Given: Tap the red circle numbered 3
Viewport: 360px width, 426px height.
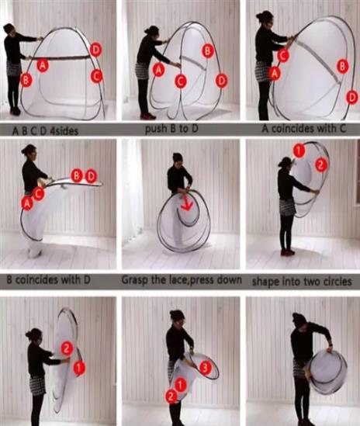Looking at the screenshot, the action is pos(205,367).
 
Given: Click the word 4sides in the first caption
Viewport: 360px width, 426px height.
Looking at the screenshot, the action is pos(64,131).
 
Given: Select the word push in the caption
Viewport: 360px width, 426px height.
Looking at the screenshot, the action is pos(154,129).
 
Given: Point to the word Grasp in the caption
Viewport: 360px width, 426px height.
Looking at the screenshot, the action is pos(134,279).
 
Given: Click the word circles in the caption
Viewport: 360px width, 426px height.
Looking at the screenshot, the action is pos(337,281).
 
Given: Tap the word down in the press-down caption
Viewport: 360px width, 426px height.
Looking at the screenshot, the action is pos(231,279).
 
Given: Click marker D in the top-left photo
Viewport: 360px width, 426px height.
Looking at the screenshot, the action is pos(95,50).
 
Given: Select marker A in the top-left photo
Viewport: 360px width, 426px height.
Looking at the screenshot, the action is pos(43,65).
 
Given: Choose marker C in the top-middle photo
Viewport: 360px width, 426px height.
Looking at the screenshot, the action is pos(181,81).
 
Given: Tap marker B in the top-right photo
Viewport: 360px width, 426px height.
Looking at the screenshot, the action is pos(343,66).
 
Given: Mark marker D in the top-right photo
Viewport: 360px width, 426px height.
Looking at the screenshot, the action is pos(352,97).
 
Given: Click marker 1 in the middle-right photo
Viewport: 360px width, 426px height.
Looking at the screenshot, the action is pos(299,151).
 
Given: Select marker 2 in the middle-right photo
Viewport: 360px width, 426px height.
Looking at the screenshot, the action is pos(321,165).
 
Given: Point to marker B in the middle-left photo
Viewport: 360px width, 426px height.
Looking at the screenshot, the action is pos(77,176).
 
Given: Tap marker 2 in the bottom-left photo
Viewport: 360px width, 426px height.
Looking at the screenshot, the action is pos(67,348).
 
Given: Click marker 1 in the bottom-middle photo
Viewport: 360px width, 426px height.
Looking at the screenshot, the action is pos(180,385).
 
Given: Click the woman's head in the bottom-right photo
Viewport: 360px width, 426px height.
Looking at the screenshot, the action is pos(299,321).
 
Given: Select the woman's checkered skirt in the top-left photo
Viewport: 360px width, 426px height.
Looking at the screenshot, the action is pos(14,68).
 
